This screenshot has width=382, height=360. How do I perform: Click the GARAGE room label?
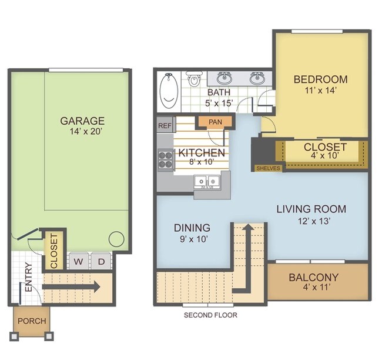click(x=82, y=121)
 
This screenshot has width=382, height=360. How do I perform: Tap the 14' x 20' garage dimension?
click(x=86, y=132)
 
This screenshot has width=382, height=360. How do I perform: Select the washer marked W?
click(x=79, y=261)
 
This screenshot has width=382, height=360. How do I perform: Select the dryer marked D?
click(x=101, y=261)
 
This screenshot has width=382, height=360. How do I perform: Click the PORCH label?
click(x=32, y=321)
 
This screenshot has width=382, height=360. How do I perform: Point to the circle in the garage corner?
click(x=116, y=239)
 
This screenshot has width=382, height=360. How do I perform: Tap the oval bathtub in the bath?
click(x=167, y=91)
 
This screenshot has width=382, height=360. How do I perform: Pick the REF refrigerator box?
click(x=165, y=125)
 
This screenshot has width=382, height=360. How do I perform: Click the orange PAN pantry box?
click(x=215, y=122)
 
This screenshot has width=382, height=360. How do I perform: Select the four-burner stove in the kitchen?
click(x=165, y=160)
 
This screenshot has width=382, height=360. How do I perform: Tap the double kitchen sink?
click(x=207, y=182)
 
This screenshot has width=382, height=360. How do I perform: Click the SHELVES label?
click(x=268, y=168)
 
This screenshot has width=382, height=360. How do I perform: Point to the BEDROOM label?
click(x=321, y=79)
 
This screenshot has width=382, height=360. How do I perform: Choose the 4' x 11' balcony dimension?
click(x=316, y=287)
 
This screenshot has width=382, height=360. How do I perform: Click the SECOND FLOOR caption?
click(x=210, y=315)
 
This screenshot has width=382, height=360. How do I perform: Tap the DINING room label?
click(x=192, y=228)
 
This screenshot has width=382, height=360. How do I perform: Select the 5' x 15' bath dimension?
click(x=219, y=103)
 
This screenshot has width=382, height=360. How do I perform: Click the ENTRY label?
click(x=29, y=277)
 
